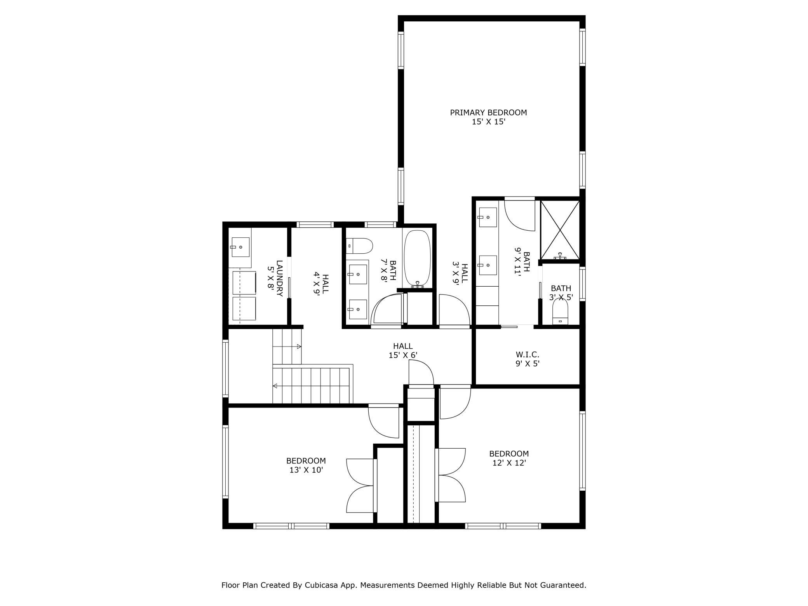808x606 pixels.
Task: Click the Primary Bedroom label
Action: click(x=488, y=113)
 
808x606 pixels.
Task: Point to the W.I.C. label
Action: click(x=527, y=355)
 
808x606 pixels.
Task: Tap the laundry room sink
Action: click(x=241, y=247)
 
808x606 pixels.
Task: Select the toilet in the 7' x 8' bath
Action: click(x=359, y=246)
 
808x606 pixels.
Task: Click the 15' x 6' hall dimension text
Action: click(x=403, y=355)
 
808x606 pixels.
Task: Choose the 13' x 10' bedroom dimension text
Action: click(x=306, y=470)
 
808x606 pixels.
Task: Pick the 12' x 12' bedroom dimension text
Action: click(x=509, y=463)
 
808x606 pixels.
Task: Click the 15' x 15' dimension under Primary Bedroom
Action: click(x=488, y=122)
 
